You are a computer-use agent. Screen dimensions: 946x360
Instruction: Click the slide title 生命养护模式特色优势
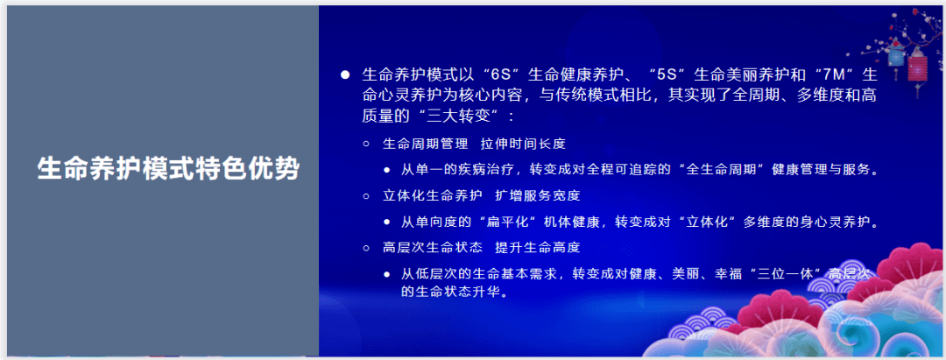[168, 169]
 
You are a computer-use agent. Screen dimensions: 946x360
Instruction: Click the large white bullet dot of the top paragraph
[345, 75]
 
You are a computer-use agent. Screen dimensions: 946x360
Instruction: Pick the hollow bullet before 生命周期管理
[365, 145]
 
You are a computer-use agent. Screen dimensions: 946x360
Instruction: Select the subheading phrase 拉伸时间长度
[523, 145]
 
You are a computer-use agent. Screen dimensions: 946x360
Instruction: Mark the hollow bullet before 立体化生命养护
[365, 196]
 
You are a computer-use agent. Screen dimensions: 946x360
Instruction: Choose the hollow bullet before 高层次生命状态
[365, 249]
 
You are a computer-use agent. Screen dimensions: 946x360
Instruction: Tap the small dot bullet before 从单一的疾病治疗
[387, 171]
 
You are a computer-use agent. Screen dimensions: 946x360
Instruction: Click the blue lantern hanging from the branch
[896, 55]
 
